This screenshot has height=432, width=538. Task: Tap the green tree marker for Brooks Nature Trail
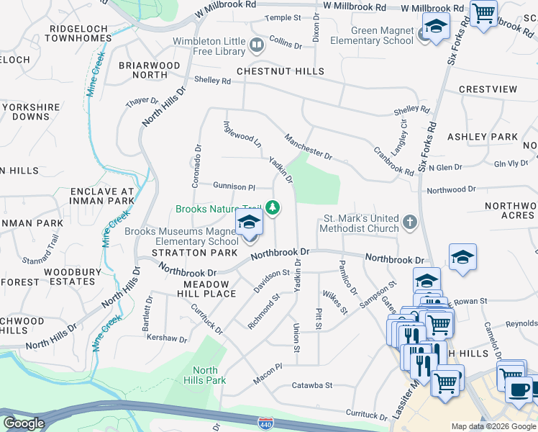pyautogui.click(x=273, y=209)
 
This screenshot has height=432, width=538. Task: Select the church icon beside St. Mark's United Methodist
pyautogui.click(x=409, y=222)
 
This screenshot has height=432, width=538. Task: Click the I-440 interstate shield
pyautogui.click(x=265, y=420)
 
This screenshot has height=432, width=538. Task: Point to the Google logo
pyautogui.click(x=24, y=423)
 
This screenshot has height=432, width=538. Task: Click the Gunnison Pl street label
pyautogui.click(x=234, y=186)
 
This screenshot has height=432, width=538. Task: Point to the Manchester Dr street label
pyautogui.click(x=308, y=146)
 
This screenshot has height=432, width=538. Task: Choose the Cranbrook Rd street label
pyautogui.click(x=393, y=162)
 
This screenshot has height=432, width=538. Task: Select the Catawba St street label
pyautogui.click(x=311, y=385)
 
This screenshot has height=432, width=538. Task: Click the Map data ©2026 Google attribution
pyautogui.click(x=493, y=426)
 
